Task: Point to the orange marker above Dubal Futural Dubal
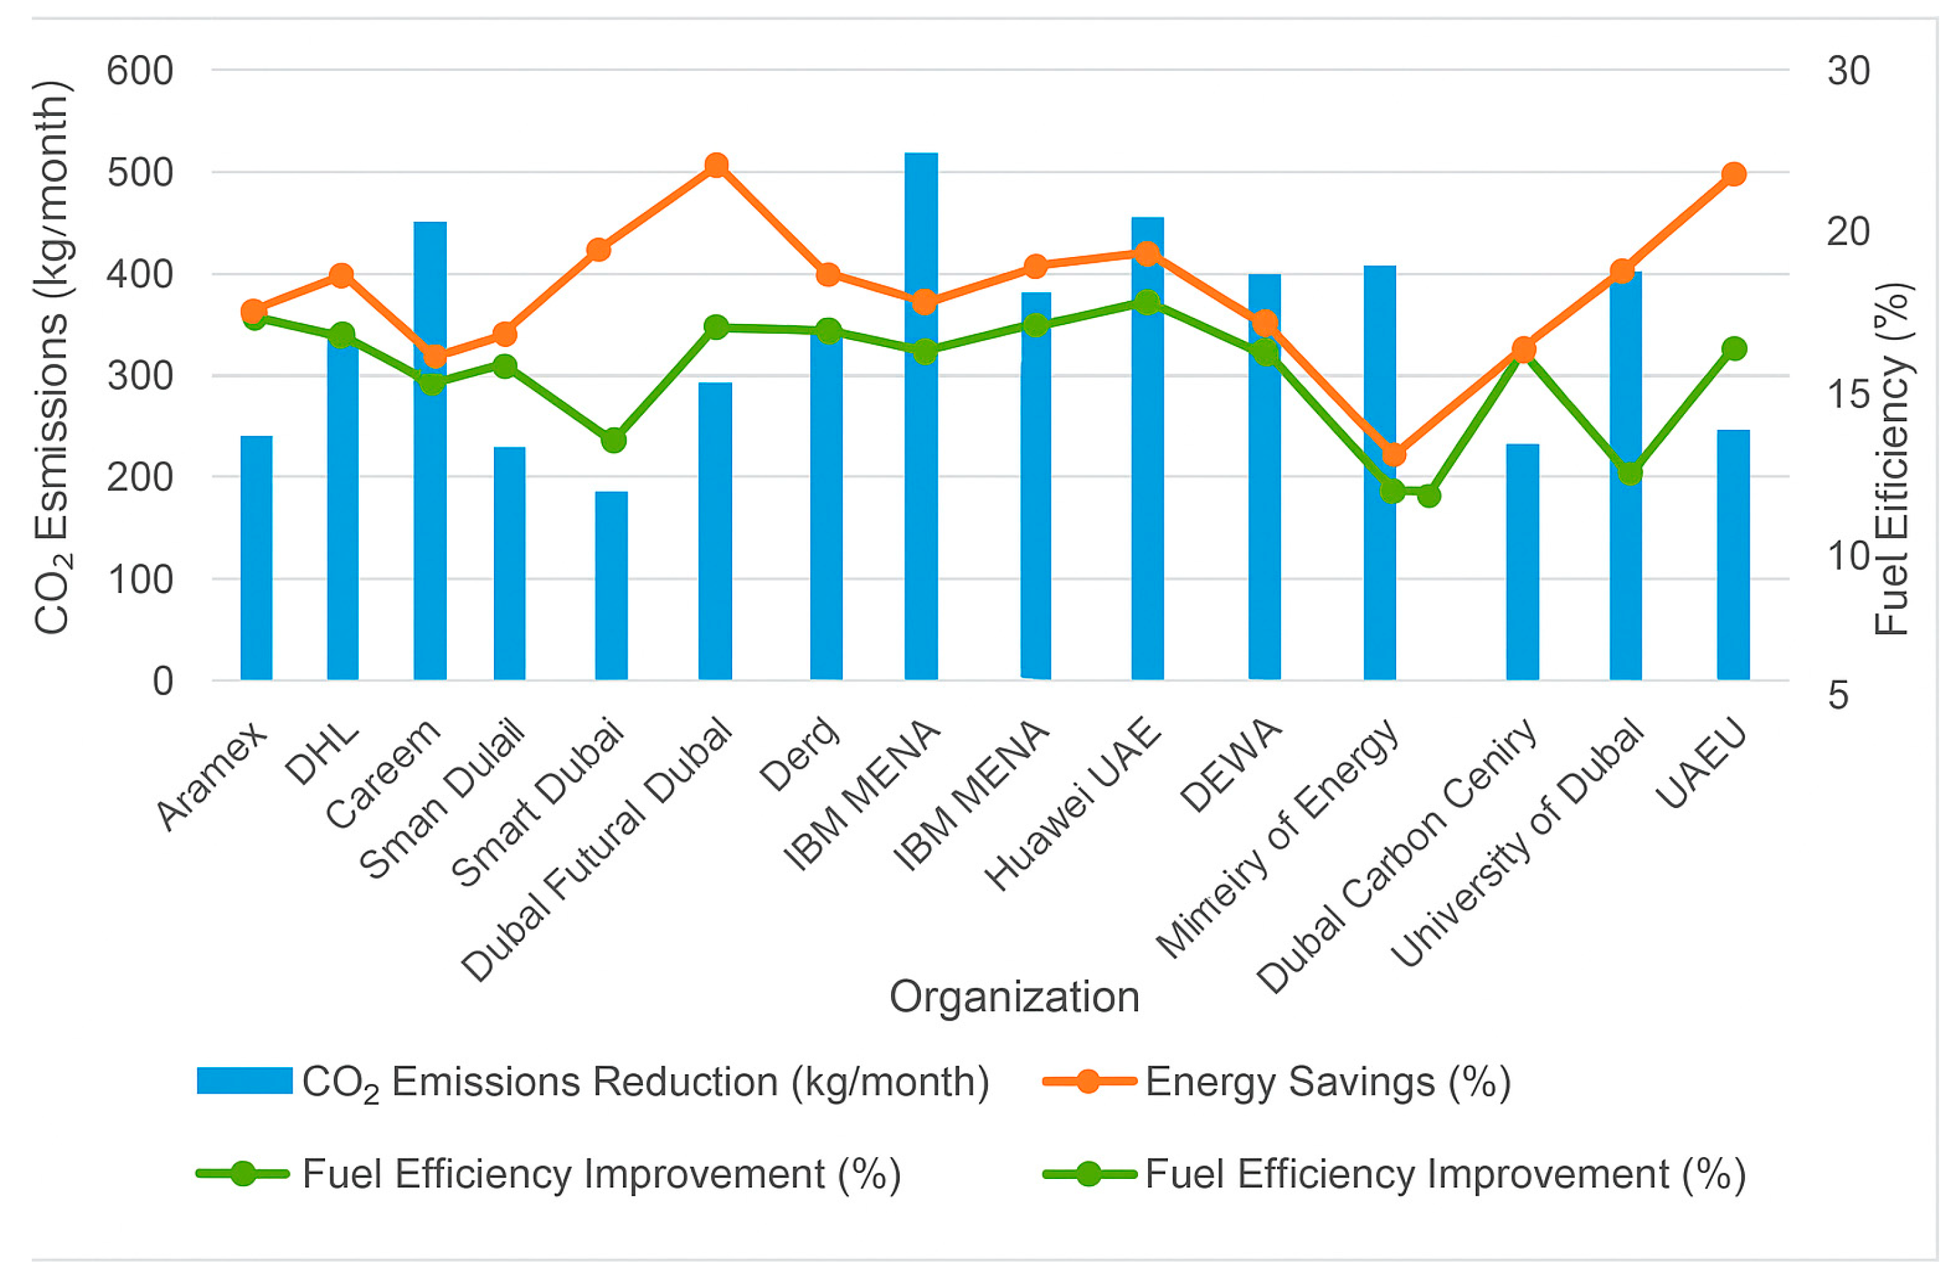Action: pos(716,166)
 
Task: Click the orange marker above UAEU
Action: pos(1734,174)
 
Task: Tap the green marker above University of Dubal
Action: pos(1631,474)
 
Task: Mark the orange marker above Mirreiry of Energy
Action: pos(1394,454)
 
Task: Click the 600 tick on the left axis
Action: pos(140,72)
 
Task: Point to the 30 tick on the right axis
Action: pos(1848,72)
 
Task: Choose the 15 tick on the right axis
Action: pos(1848,395)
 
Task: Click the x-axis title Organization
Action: pos(1014,997)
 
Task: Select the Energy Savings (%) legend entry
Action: pos(1327,1082)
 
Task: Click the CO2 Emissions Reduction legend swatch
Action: pos(244,1080)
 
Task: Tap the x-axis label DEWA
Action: pos(1231,766)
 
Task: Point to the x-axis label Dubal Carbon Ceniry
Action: pos(1397,856)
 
